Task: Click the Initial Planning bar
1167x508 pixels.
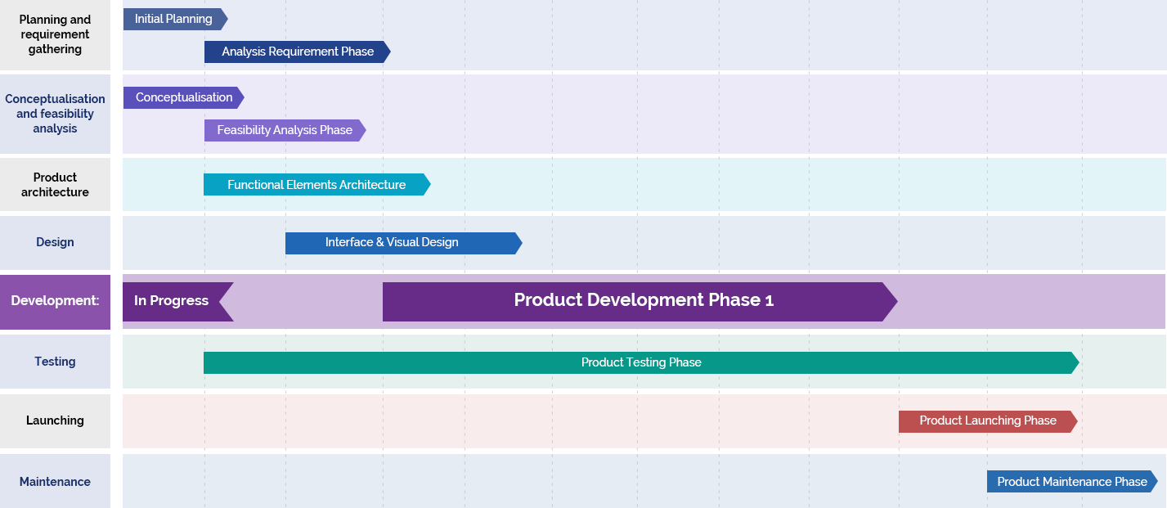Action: click(x=173, y=19)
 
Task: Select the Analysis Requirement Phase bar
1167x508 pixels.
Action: click(x=297, y=52)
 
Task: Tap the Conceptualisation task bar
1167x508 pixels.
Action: click(x=182, y=97)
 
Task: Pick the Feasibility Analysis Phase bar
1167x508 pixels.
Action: click(x=284, y=130)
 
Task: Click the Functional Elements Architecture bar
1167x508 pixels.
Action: click(x=316, y=185)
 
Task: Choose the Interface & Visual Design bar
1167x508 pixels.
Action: click(x=402, y=243)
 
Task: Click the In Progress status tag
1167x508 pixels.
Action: click(x=172, y=301)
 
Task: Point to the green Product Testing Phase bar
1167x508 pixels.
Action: click(x=640, y=362)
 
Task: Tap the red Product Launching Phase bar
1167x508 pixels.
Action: click(x=987, y=421)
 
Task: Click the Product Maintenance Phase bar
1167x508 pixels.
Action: click(x=1071, y=482)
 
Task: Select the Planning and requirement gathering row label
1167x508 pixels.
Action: click(x=55, y=35)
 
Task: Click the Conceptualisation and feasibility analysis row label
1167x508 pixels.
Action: click(x=55, y=114)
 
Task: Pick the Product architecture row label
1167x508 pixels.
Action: click(x=55, y=185)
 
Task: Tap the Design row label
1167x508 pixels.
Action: click(x=55, y=242)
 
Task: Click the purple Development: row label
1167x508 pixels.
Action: click(x=55, y=301)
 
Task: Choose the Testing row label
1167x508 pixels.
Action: click(x=55, y=362)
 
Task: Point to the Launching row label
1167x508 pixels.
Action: click(x=55, y=420)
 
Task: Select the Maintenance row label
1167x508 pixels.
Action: click(x=55, y=482)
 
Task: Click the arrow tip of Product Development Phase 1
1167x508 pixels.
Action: click(x=891, y=301)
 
